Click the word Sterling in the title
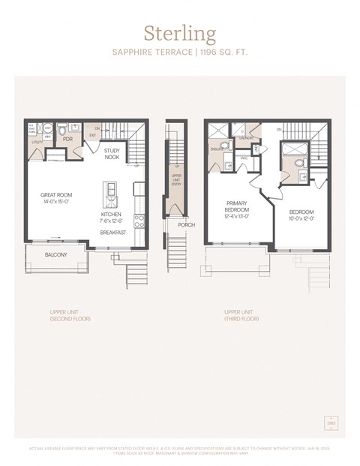tap(180, 34)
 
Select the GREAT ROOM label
tap(55, 194)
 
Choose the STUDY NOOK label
tap(112, 154)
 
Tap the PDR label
tap(67, 140)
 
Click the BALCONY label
tap(55, 254)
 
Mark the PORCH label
tap(185, 224)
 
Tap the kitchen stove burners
tap(139, 220)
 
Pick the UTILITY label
tap(35, 141)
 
